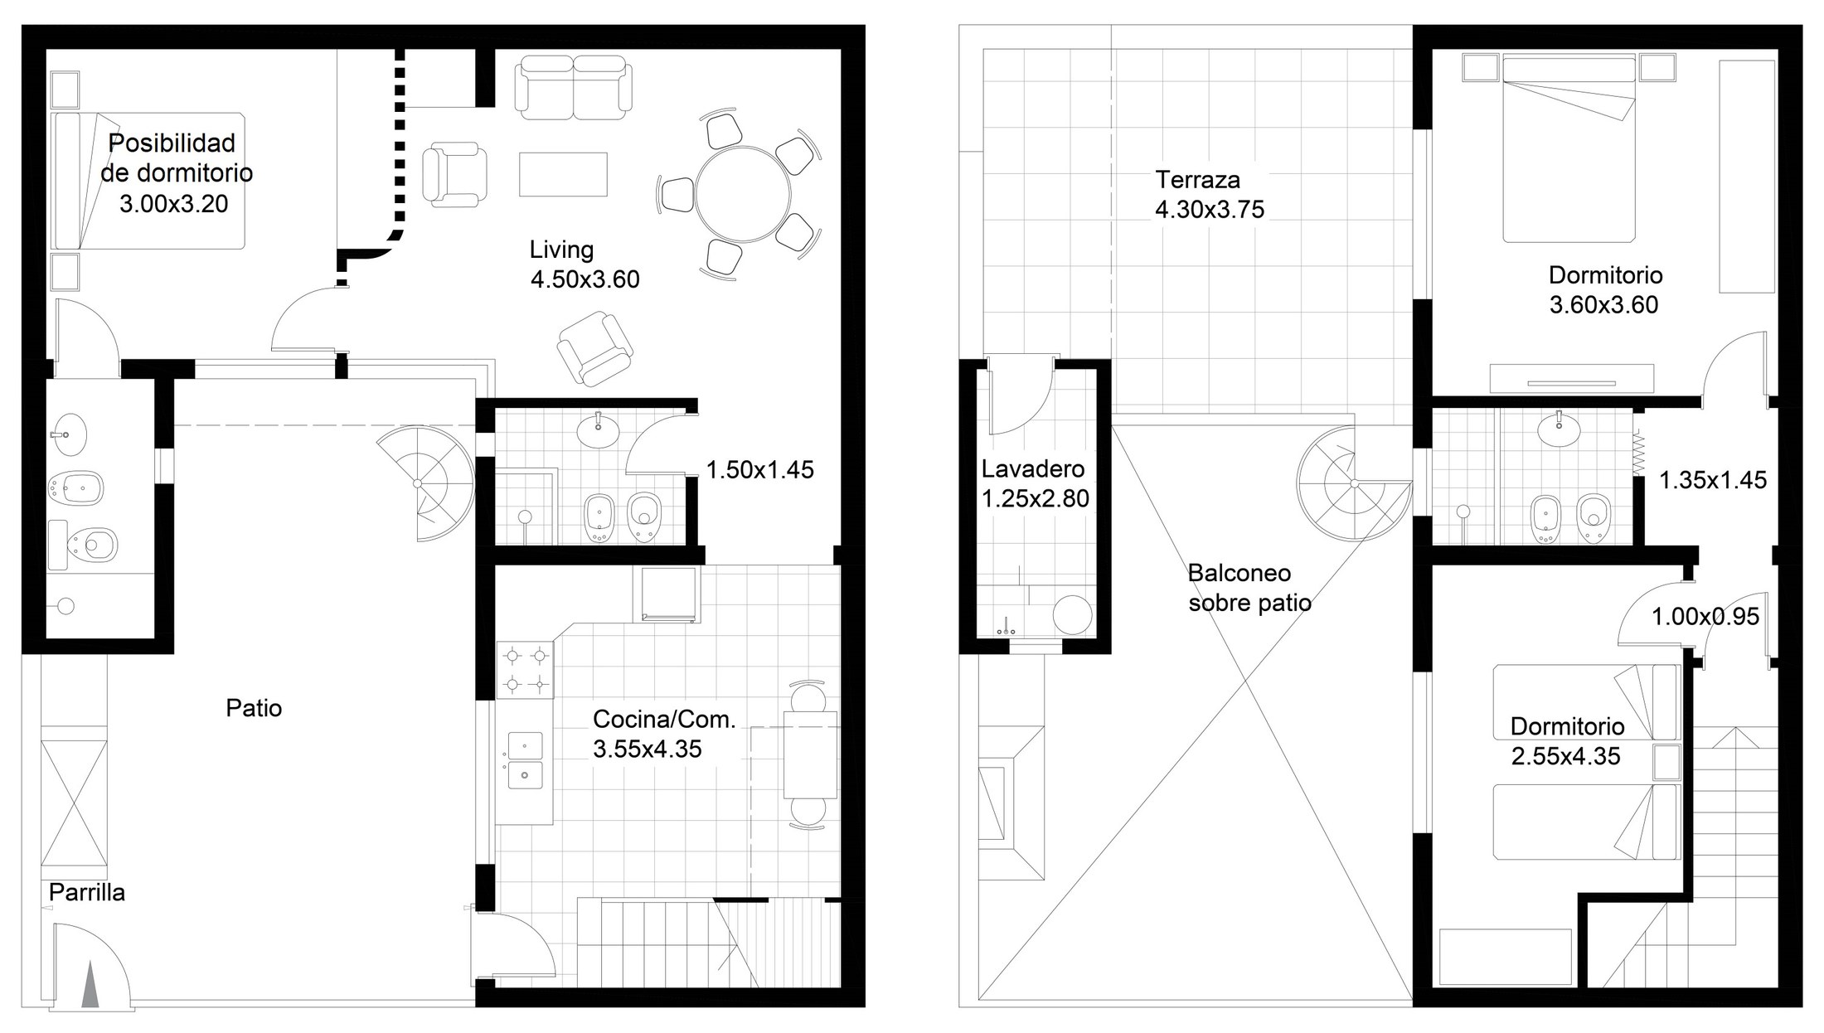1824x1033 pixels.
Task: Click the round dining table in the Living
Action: (x=743, y=194)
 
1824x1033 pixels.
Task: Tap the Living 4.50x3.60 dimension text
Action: (x=585, y=279)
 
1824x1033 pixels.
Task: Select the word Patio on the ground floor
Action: (x=254, y=708)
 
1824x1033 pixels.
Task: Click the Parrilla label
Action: (x=87, y=892)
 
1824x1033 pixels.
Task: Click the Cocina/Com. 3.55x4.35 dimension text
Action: (x=648, y=749)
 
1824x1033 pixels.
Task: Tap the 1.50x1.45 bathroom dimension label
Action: (x=760, y=470)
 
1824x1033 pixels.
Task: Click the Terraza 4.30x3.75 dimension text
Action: (x=1210, y=209)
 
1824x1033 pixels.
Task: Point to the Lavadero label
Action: (x=1033, y=468)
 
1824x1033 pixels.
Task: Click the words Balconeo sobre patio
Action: (x=1249, y=588)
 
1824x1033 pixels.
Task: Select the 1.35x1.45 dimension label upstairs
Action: (x=1713, y=480)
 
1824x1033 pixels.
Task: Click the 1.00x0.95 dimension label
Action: (x=1705, y=617)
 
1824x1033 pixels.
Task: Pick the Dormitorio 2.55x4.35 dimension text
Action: (x=1566, y=756)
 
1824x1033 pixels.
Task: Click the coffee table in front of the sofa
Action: (x=563, y=174)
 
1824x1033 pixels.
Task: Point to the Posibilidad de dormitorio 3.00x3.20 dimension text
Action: (x=174, y=204)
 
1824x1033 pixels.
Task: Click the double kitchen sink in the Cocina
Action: (x=525, y=760)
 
